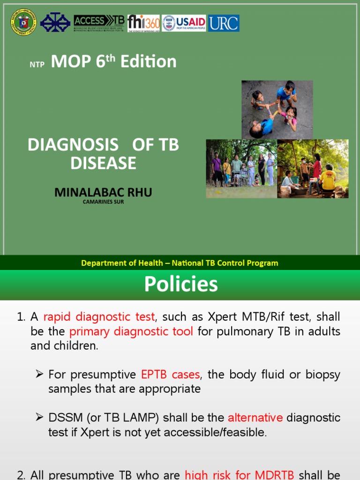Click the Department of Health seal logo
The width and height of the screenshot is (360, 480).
22,22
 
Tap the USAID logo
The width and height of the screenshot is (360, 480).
184,23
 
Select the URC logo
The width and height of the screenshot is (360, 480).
224,23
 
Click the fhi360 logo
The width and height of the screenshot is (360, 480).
143,23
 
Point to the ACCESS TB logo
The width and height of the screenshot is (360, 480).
99,23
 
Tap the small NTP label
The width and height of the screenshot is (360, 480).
37,65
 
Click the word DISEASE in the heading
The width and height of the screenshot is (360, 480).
103,163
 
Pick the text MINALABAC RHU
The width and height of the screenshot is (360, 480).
103,192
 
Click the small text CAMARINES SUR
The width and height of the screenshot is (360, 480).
103,202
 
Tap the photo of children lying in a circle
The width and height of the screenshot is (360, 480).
277,109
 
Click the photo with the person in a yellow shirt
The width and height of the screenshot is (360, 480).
313,169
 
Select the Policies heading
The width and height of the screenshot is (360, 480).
181,284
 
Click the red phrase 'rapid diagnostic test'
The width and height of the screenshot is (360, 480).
99,317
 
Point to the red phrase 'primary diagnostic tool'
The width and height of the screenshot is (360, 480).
131,331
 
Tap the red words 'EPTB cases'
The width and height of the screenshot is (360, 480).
171,374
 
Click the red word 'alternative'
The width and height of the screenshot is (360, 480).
255,417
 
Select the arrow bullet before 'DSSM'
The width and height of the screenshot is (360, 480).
39,417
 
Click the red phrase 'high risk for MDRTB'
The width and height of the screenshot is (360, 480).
240,474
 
